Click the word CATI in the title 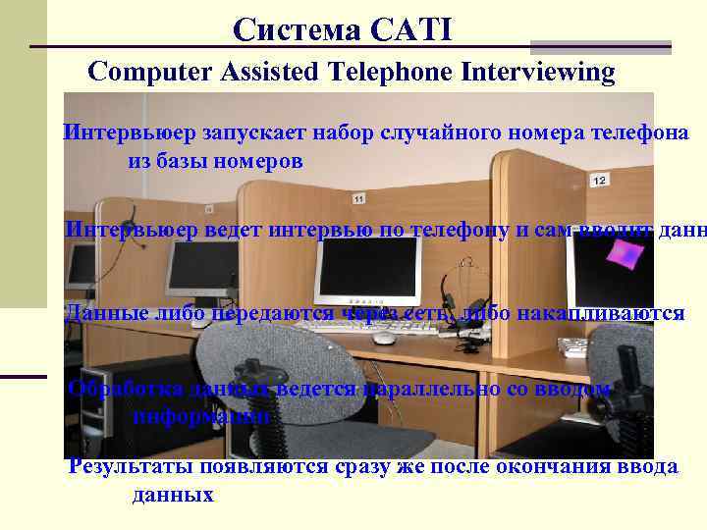pyautogui.click(x=412, y=30)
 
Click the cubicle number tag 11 pyautogui.click(x=357, y=199)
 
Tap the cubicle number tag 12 pyautogui.click(x=599, y=180)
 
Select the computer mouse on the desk pyautogui.click(x=384, y=338)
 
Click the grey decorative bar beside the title pyautogui.click(x=600, y=46)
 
